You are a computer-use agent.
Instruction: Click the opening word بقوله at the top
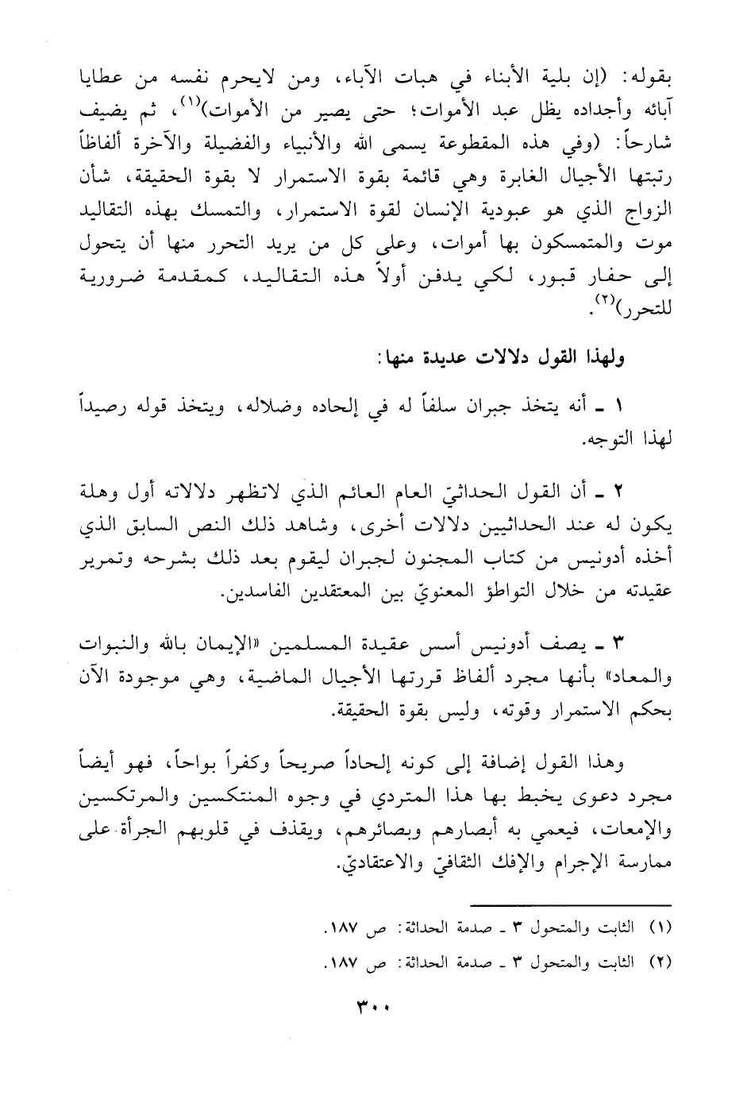pyautogui.click(x=647, y=79)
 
